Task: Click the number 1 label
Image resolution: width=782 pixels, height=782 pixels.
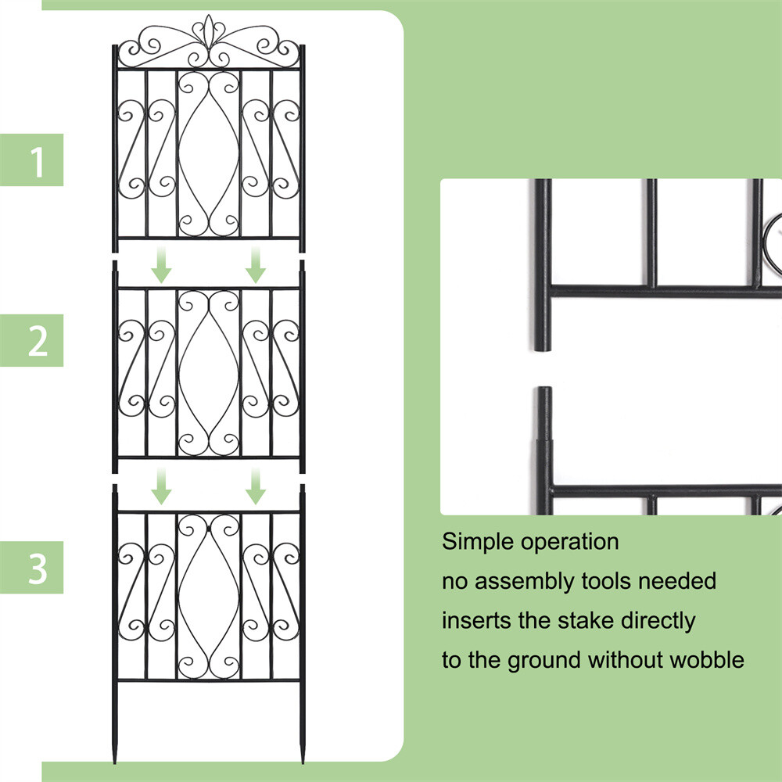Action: [x=38, y=161]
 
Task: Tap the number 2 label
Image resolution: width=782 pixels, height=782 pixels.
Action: [x=38, y=341]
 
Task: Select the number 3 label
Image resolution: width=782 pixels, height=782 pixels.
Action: [x=38, y=569]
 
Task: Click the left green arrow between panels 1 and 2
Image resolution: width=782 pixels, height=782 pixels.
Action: [x=162, y=265]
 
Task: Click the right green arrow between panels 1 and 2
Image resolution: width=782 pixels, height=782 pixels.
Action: [x=256, y=265]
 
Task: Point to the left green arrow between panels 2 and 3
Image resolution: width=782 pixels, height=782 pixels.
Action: [x=162, y=486]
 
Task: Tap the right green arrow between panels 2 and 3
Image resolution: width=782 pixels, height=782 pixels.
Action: [x=256, y=486]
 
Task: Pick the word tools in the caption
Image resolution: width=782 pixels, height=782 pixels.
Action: [x=613, y=581]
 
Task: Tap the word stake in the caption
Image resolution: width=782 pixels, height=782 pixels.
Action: [x=587, y=621]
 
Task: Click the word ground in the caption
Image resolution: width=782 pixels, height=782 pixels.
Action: [x=544, y=661]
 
